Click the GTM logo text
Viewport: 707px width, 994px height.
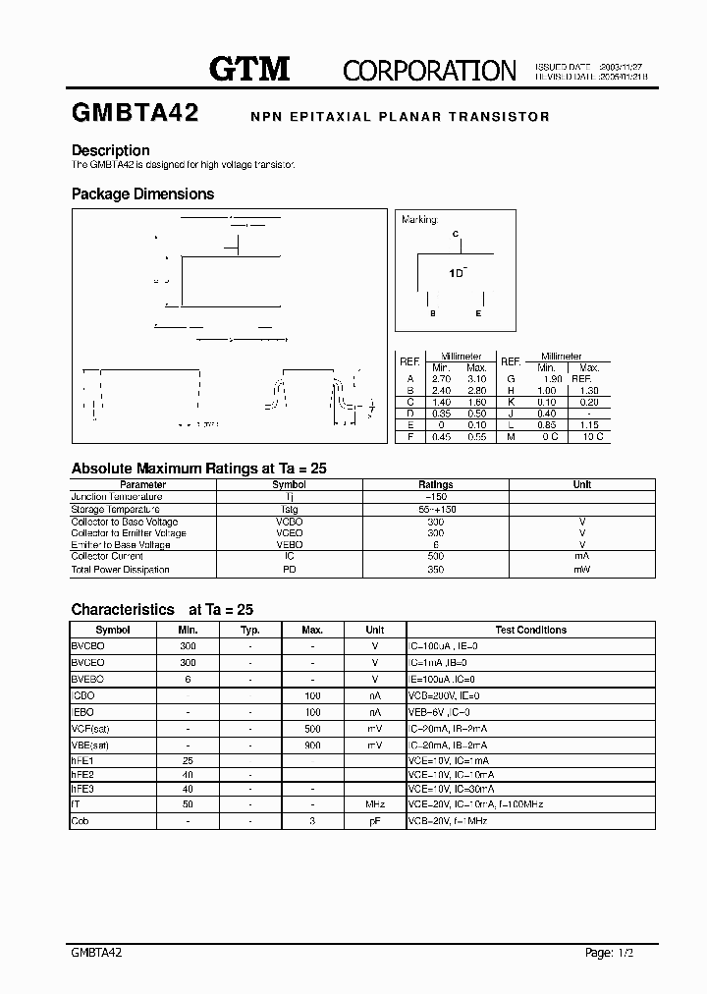click(249, 68)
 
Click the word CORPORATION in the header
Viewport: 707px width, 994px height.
click(429, 70)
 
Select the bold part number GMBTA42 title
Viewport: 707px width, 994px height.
click(136, 114)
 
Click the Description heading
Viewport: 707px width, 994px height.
click(111, 150)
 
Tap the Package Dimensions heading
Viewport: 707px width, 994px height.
click(142, 194)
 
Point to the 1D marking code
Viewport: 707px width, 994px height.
click(458, 273)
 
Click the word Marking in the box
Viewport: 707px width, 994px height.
click(419, 220)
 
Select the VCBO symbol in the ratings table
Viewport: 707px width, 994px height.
click(289, 522)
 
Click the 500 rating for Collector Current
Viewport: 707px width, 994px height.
click(436, 556)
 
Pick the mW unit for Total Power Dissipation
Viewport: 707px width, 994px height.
click(582, 569)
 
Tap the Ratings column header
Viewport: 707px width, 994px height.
click(436, 484)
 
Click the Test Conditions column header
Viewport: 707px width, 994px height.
click(530, 630)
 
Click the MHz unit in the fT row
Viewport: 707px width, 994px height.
click(374, 803)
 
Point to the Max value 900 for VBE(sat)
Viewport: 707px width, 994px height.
click(312, 745)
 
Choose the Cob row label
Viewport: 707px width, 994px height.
click(81, 820)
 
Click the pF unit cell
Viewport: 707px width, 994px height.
click(374, 820)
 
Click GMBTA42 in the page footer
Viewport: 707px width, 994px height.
click(97, 953)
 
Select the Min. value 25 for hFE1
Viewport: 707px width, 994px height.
click(188, 760)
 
